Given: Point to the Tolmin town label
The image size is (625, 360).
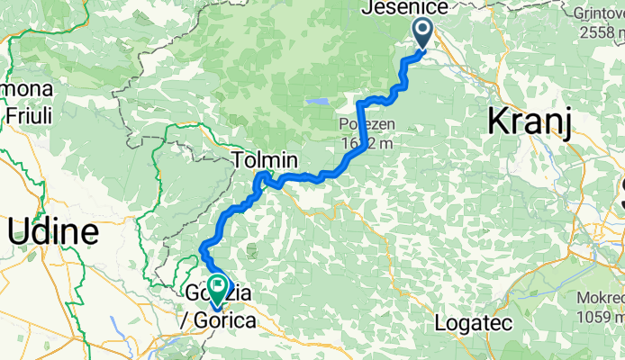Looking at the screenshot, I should [x=264, y=161].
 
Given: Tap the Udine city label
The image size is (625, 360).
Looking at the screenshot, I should [x=53, y=232].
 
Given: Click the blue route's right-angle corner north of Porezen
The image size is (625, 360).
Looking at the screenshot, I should [x=360, y=97].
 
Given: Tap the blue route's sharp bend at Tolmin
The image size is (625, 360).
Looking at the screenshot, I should [x=262, y=174].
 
